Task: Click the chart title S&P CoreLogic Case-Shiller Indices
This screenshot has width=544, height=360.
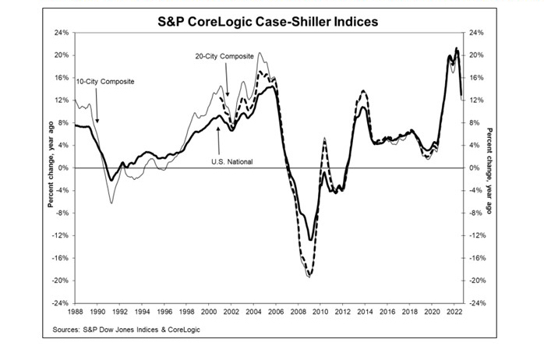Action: point(272,22)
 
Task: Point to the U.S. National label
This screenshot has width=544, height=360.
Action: point(233,161)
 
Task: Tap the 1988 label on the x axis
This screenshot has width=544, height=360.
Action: point(76,311)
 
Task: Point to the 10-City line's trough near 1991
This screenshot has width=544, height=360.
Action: point(111,203)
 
